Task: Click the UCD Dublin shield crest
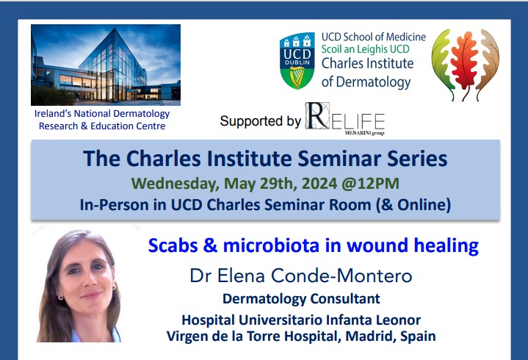coord(297,61)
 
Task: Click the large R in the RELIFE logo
coord(317,116)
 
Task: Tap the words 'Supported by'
coord(260,121)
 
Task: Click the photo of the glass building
coord(106,65)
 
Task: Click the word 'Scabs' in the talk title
coord(173,245)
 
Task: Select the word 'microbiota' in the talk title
coord(271,245)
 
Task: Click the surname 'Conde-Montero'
coord(341,276)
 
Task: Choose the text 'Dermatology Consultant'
coord(301,299)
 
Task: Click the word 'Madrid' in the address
coord(370,336)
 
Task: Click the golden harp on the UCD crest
coord(297,76)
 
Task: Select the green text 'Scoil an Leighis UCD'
coord(366,49)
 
